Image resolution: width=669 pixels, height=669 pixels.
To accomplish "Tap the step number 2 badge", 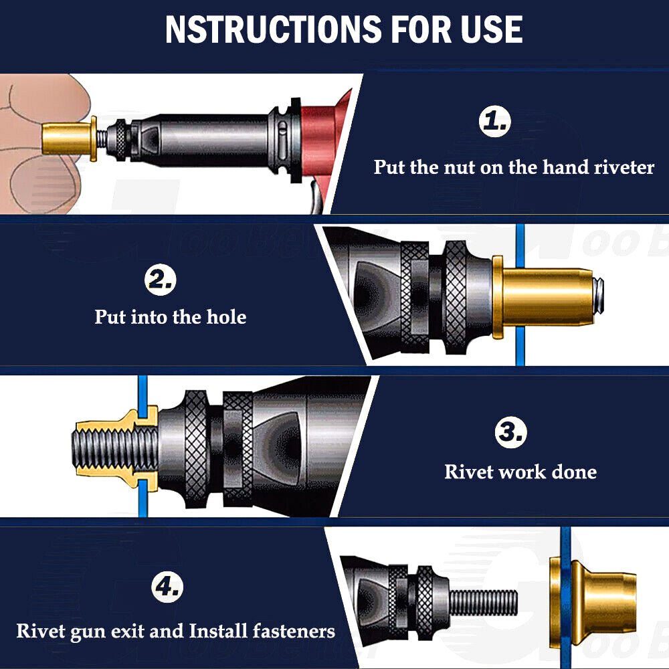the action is [x=160, y=280].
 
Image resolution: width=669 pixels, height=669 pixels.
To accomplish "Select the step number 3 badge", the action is [x=510, y=432].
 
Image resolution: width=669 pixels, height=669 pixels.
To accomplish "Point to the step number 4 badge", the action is [x=167, y=587].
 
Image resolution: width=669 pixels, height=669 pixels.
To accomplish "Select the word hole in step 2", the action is [x=226, y=316].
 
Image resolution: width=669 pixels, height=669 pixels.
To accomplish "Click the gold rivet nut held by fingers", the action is [x=70, y=138].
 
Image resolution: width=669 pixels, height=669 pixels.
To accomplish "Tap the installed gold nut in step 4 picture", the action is [x=593, y=607].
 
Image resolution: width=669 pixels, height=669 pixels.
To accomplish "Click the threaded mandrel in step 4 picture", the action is [x=483, y=603].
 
